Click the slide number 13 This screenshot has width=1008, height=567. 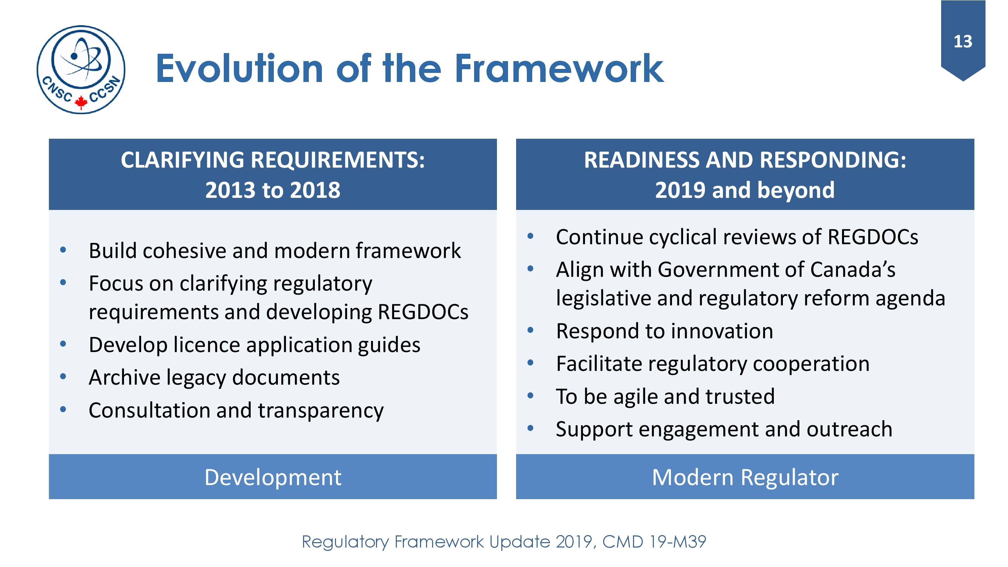tap(963, 41)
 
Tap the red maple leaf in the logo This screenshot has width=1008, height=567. tap(81, 102)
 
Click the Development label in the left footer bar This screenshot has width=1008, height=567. tap(273, 478)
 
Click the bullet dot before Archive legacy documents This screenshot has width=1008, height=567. tap(63, 377)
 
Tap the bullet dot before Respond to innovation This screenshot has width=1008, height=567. tap(530, 330)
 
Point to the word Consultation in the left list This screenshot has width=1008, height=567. tap(150, 410)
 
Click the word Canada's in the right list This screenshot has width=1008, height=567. tap(853, 270)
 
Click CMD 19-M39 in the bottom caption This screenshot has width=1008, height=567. tap(654, 542)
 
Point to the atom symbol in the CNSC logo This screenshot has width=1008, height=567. tap(81, 59)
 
